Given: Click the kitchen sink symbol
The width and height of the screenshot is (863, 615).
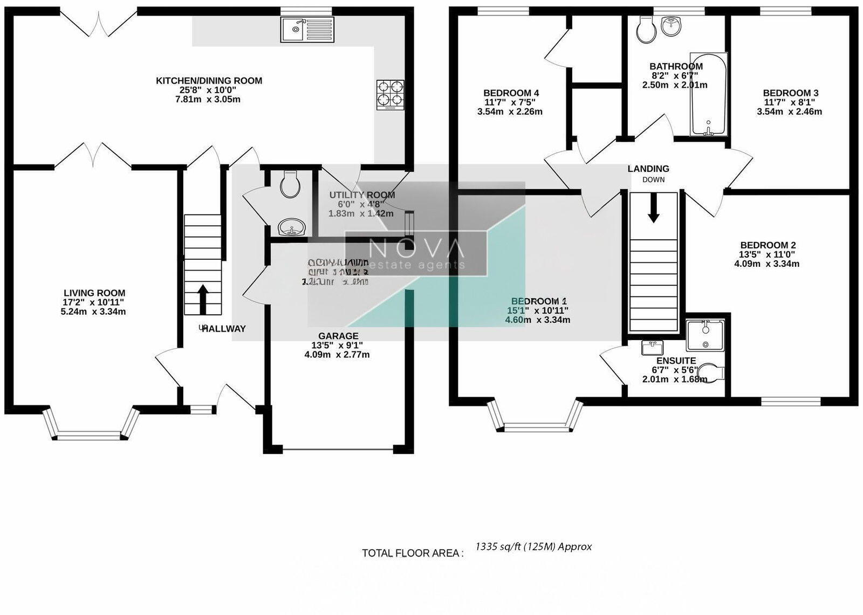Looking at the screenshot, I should tap(307, 29).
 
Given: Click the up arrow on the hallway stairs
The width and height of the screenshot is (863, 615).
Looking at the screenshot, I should tap(203, 299).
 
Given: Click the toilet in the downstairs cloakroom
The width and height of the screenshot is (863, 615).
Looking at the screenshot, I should tap(290, 185).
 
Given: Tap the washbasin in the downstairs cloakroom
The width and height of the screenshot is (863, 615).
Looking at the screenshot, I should tap(292, 227).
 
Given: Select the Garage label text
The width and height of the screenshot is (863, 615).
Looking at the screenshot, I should tap(338, 336).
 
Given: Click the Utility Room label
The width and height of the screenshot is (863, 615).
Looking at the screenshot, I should tap(362, 195).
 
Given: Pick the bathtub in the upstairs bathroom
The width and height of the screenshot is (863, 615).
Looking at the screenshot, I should tap(708, 94).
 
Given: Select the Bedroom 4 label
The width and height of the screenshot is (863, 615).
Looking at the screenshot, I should tap(511, 93).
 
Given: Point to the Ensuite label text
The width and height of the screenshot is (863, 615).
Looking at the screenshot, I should tap(676, 361).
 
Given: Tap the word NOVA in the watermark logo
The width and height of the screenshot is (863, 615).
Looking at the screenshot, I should tap(416, 249).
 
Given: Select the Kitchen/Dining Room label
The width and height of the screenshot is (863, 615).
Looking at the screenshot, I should tap(209, 81).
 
